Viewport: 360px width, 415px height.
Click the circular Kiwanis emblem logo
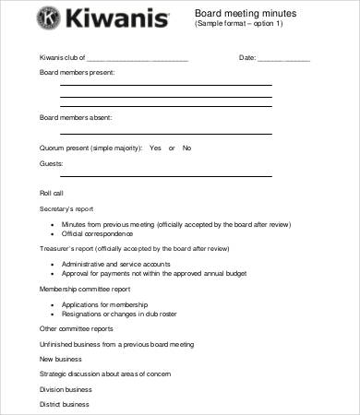47,19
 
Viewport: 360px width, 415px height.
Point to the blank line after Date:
283,58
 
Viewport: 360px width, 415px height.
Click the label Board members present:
77,71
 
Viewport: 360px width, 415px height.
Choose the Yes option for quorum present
155,148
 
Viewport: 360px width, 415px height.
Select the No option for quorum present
186,148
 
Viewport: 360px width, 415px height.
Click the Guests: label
51,163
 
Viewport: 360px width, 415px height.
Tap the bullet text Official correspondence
98,234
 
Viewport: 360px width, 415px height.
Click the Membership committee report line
86,289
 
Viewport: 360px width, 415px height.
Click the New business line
60,358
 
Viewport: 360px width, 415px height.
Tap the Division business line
65,389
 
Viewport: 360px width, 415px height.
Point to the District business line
64,404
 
